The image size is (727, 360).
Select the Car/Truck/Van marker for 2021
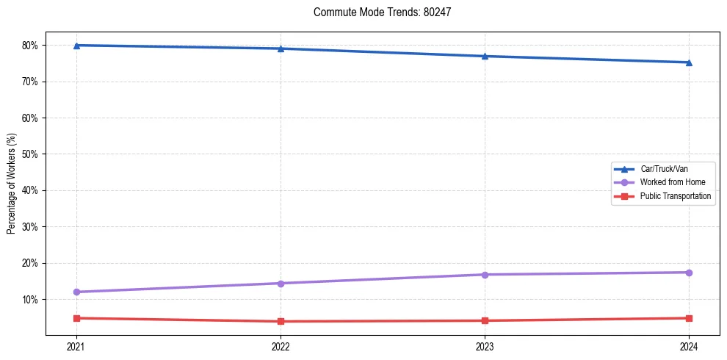tap(76, 46)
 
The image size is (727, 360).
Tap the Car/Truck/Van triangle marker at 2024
tap(689, 62)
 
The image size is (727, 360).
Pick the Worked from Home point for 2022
tap(281, 284)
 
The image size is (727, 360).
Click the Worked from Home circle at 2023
tap(485, 275)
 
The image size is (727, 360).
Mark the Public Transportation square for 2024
tap(689, 318)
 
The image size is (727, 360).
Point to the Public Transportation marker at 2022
tap(281, 321)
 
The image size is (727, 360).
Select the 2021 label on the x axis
tap(76, 346)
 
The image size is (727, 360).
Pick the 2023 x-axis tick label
tap(485, 346)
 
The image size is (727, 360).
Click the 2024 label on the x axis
tap(689, 346)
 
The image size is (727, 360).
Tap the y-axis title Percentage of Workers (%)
tap(12, 184)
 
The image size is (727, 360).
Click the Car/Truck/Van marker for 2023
tap(485, 56)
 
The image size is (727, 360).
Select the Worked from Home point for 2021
tap(76, 292)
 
